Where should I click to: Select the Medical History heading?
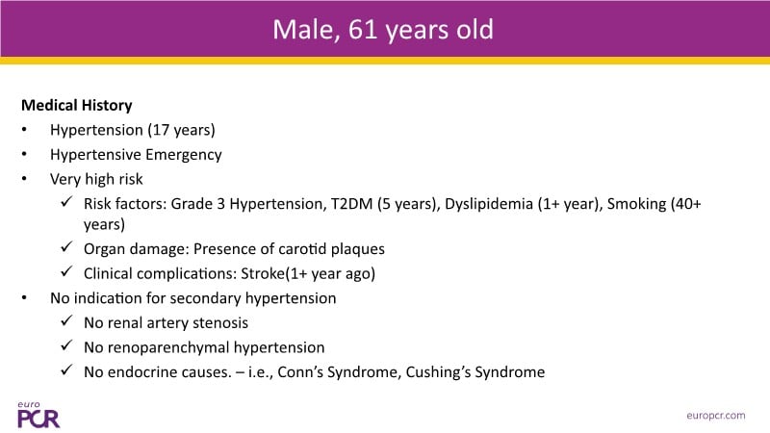[77, 106]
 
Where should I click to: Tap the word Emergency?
[184, 155]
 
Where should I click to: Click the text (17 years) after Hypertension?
[181, 130]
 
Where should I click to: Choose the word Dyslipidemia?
[489, 204]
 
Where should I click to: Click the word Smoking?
[636, 204]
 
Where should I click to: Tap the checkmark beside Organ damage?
[66, 246]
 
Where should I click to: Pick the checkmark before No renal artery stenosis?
[66, 320]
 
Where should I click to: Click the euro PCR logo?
[38, 415]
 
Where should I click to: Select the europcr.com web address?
[716, 416]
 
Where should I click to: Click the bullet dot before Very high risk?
[24, 179]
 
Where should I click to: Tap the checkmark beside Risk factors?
[66, 201]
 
